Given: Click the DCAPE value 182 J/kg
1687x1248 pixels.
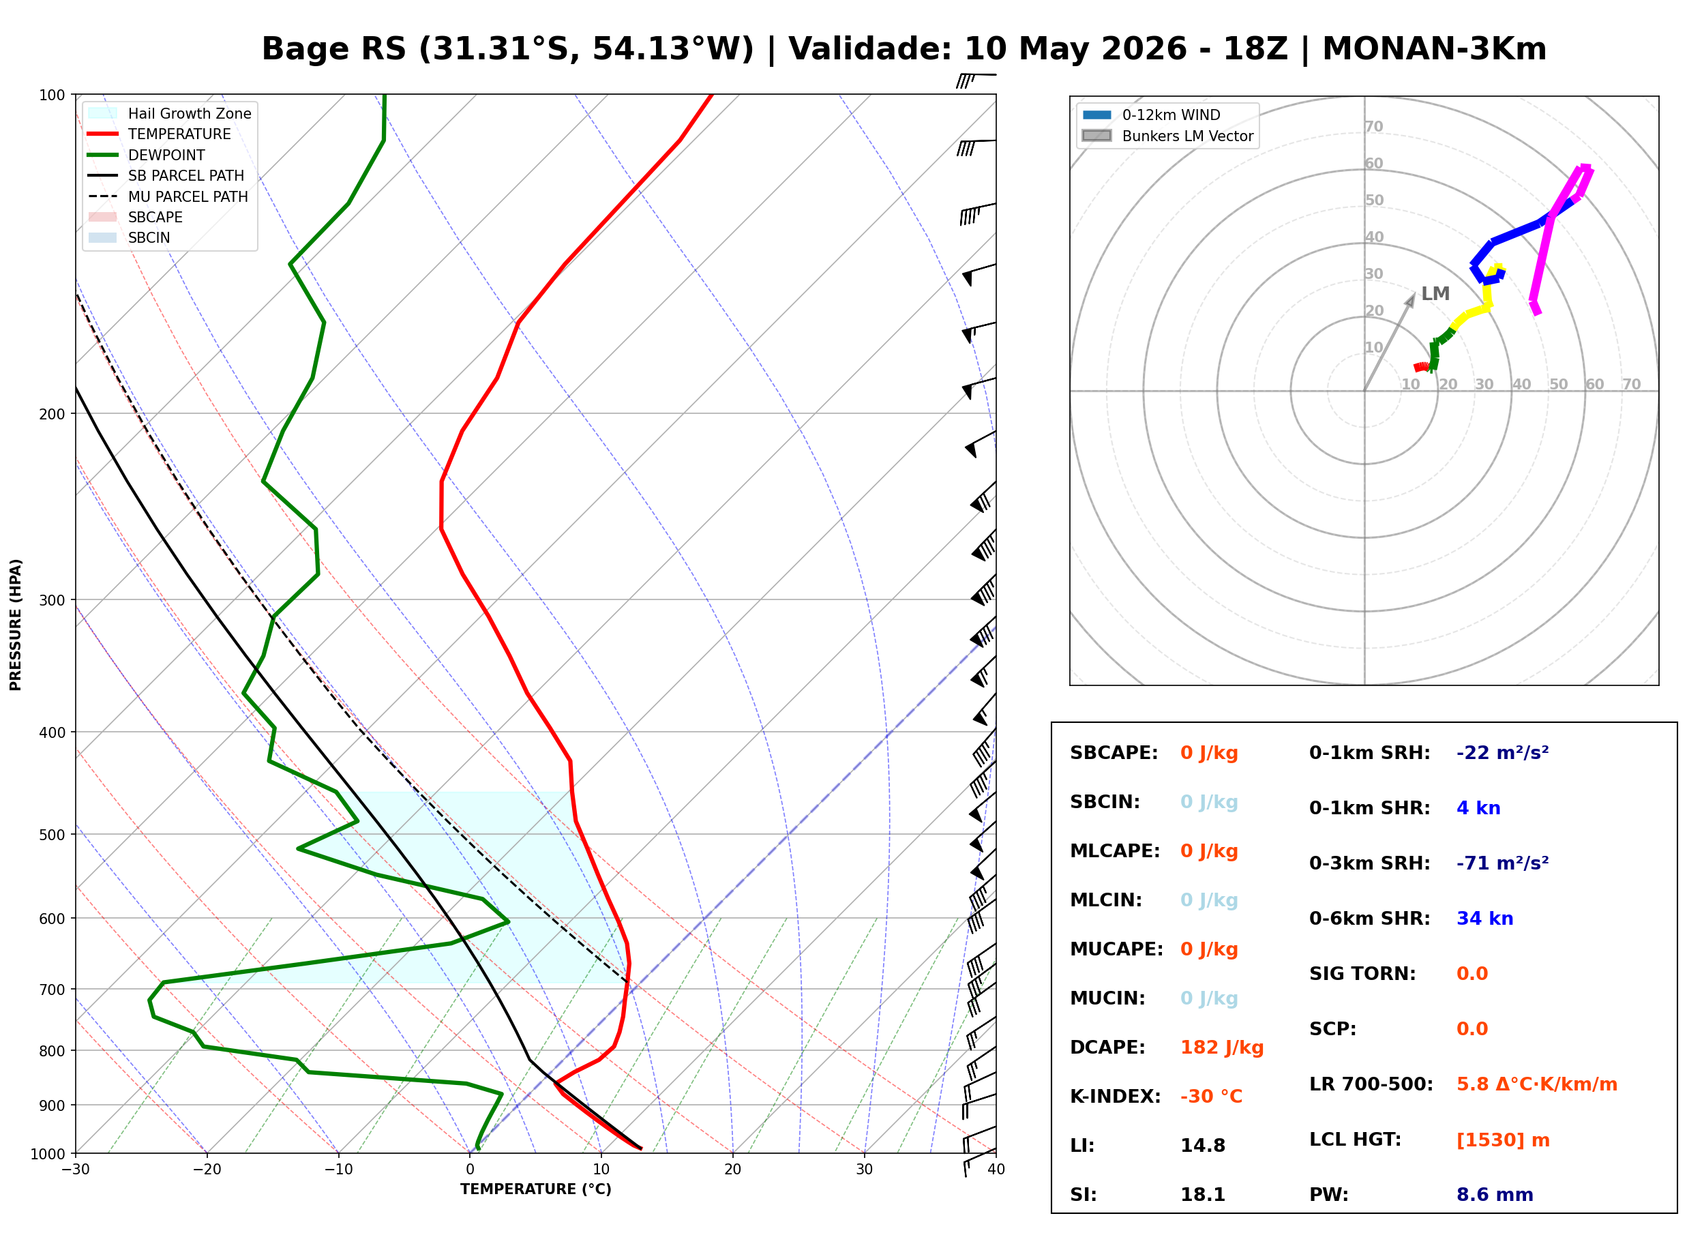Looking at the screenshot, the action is click(1221, 1047).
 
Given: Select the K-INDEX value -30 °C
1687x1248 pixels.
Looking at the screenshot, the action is click(1210, 1096).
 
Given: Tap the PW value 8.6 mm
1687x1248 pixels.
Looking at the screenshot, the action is click(1495, 1194).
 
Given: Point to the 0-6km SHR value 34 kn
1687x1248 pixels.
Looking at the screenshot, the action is click(1484, 918).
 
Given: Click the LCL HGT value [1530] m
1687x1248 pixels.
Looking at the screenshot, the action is click(1503, 1140).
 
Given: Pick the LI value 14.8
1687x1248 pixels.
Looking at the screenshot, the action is click(1202, 1145).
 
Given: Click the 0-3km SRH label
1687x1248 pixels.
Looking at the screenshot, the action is click(1369, 863).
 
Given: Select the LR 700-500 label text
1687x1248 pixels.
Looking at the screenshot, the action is click(1371, 1084).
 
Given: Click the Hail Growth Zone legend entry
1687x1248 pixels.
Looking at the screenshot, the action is click(170, 113).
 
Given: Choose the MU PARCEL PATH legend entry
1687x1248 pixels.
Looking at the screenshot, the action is click(168, 196).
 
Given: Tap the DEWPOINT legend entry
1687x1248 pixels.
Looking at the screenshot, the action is click(147, 155).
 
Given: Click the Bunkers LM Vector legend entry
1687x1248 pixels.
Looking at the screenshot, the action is click(1167, 136).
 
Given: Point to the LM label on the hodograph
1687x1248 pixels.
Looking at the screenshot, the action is click(1435, 293).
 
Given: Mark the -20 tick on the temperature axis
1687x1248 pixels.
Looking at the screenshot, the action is click(206, 1170).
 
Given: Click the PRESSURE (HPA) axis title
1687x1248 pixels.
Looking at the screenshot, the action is click(15, 624).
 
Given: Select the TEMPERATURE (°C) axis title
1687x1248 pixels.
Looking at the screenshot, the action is click(535, 1189).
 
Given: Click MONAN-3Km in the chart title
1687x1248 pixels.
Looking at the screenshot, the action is click(1434, 49).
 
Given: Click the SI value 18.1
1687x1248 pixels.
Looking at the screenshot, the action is click(1202, 1194).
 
